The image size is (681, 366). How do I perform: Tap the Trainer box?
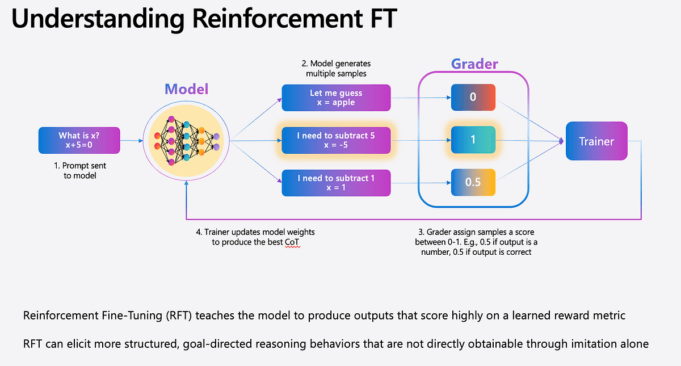click(x=596, y=141)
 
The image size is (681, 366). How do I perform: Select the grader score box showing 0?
click(x=473, y=98)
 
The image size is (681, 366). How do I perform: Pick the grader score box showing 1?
click(x=473, y=140)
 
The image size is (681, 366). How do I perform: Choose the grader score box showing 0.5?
click(x=473, y=182)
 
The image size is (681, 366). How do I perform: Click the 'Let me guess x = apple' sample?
click(x=337, y=98)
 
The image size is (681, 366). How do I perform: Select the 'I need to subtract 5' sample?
click(x=337, y=140)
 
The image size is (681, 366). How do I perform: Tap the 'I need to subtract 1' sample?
click(x=337, y=182)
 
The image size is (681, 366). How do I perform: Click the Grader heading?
click(x=474, y=64)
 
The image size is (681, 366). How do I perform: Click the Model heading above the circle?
click(x=187, y=89)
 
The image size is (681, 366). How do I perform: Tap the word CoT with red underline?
click(x=292, y=243)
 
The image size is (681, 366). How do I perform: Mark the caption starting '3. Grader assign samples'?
click(x=480, y=242)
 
